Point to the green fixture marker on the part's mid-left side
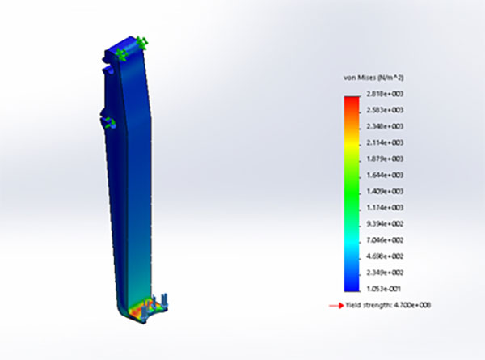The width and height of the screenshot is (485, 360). tap(108, 122)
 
